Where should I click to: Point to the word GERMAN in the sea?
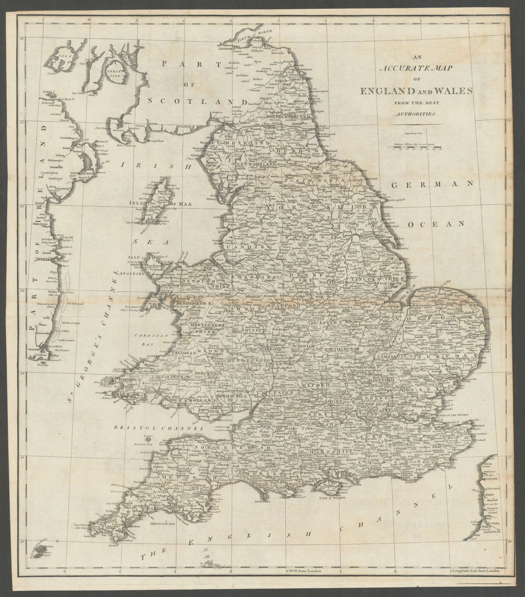432,184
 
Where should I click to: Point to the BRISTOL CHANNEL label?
158,428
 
